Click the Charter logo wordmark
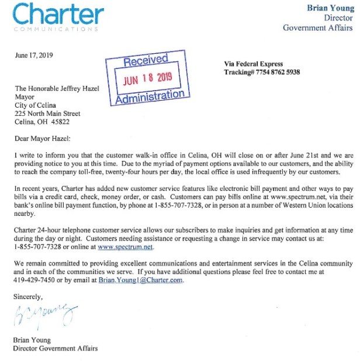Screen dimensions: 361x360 (x=58, y=14)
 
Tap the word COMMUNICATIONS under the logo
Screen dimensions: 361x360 (x=56, y=29)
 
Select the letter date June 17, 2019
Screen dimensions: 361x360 (x=34, y=56)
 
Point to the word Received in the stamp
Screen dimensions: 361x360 (x=146, y=60)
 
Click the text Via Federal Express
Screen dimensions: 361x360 (x=253, y=64)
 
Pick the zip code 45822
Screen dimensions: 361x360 (x=69, y=122)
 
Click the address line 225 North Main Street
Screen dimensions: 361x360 (x=47, y=114)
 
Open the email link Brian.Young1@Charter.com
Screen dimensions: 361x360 (x=149, y=280)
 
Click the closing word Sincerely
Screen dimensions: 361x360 (x=29, y=297)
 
